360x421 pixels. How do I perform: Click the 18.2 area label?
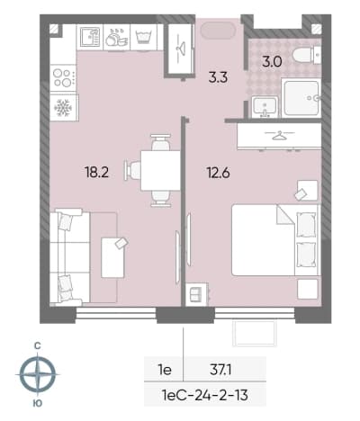[x=96, y=173]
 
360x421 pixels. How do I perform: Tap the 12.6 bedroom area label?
[x=218, y=173]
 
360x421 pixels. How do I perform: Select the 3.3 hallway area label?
[x=218, y=77]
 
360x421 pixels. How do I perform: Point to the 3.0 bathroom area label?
[x=272, y=62]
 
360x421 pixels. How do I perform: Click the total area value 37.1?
[x=220, y=371]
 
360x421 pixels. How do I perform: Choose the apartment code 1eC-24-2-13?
[x=205, y=395]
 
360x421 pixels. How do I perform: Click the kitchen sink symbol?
[x=90, y=37]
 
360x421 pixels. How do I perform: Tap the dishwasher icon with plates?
[x=116, y=38]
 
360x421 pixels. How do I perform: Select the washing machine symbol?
[x=144, y=37]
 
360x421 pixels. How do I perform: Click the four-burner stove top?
[x=63, y=77]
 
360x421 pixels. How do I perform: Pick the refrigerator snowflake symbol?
[x=63, y=108]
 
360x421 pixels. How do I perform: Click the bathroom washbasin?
[x=265, y=106]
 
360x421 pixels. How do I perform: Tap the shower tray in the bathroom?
[x=301, y=98]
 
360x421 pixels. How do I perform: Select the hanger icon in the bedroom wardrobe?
[x=279, y=136]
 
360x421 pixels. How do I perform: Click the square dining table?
[x=160, y=170]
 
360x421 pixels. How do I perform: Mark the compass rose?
[x=38, y=374]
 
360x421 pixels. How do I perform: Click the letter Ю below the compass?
[x=37, y=403]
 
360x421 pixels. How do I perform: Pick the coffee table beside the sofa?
[x=112, y=257]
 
